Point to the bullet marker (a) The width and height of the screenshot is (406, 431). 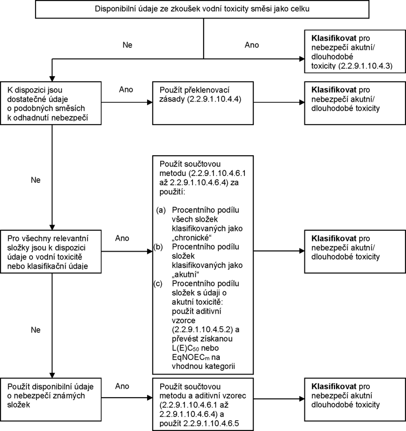point(161,210)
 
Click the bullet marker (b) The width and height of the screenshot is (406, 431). point(158,247)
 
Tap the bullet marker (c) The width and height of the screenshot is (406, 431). point(158,284)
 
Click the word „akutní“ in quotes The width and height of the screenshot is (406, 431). point(186,275)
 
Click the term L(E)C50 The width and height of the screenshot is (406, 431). point(186,348)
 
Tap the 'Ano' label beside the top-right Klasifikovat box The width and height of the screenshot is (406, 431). point(252,45)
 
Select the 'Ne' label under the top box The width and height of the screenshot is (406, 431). point(127,45)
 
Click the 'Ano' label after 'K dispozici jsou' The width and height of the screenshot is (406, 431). point(126,90)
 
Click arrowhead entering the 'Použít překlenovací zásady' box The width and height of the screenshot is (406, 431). point(150,103)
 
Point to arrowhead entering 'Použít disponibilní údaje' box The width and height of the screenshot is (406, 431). point(52,376)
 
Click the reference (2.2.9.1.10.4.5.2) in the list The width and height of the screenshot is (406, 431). point(202,329)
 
